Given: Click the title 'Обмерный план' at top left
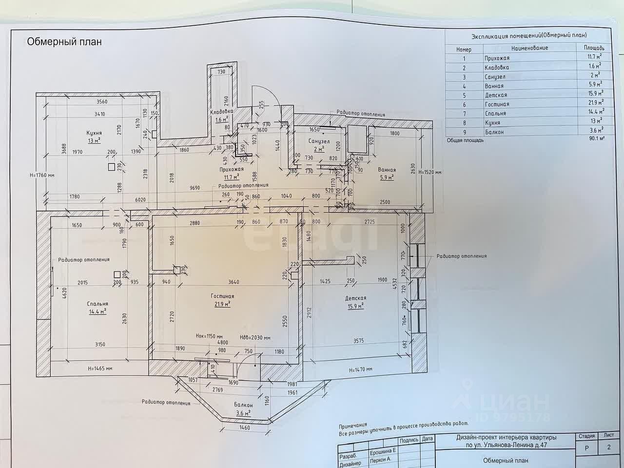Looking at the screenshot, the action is [64, 42].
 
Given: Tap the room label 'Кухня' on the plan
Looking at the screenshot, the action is [94, 133].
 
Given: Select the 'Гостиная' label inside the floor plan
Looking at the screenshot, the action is [222, 296].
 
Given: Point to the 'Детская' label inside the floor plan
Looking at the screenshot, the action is [356, 298].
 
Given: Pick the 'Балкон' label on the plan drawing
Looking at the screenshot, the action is [243, 405].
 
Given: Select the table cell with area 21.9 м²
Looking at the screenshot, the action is [594, 104].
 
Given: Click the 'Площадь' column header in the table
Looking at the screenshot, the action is [594, 48].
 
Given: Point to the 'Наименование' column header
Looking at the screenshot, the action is [529, 48].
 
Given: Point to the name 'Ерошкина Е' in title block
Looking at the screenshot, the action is [383, 452].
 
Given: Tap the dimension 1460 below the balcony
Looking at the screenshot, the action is [244, 428].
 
